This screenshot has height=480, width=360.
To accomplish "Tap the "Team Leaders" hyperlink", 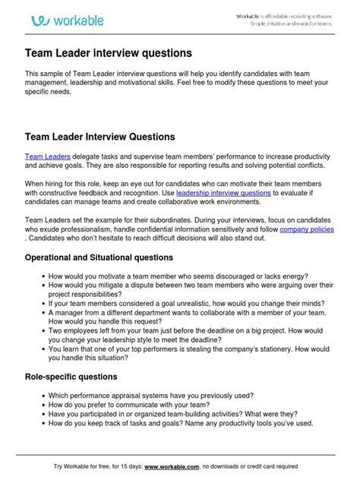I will click(x=47, y=156).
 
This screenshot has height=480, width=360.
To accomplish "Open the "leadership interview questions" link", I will click(x=223, y=194).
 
